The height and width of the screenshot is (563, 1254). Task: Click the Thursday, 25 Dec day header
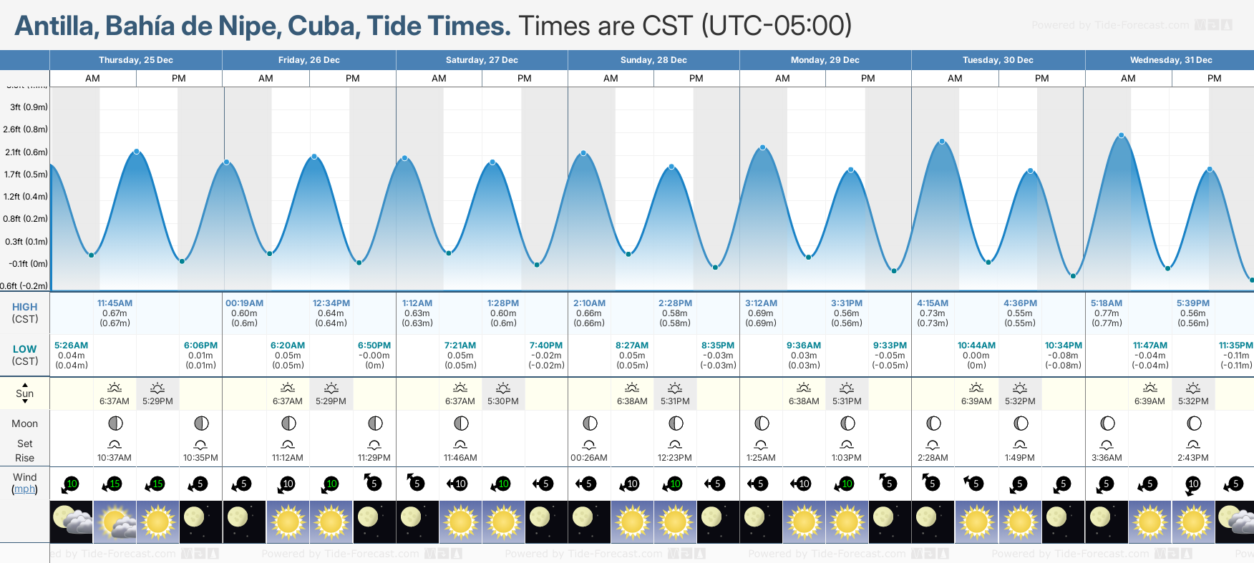click(136, 60)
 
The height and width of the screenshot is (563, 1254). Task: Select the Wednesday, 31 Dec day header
click(1170, 60)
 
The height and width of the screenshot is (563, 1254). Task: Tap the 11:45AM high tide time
click(115, 303)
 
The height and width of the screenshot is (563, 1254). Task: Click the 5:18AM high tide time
click(1106, 303)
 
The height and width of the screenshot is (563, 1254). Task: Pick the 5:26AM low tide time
click(71, 346)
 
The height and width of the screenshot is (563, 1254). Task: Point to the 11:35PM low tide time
click(1235, 346)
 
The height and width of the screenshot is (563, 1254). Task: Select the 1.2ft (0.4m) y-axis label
click(26, 197)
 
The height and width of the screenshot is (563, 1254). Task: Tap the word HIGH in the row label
click(24, 307)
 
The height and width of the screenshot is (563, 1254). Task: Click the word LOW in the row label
click(24, 349)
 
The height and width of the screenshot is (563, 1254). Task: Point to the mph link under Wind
click(24, 489)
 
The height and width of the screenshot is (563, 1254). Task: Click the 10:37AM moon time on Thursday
click(115, 458)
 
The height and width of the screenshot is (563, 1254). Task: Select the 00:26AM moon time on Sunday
click(588, 458)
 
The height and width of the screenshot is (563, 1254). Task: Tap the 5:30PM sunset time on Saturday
click(503, 401)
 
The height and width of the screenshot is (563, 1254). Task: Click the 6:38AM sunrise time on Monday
click(804, 401)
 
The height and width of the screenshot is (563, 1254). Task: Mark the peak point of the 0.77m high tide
click(1122, 135)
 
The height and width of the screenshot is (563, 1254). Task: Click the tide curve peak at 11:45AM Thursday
click(137, 152)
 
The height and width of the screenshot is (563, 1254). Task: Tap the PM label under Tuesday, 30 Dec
click(1041, 79)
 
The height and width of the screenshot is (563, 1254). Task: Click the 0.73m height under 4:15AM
click(933, 313)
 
